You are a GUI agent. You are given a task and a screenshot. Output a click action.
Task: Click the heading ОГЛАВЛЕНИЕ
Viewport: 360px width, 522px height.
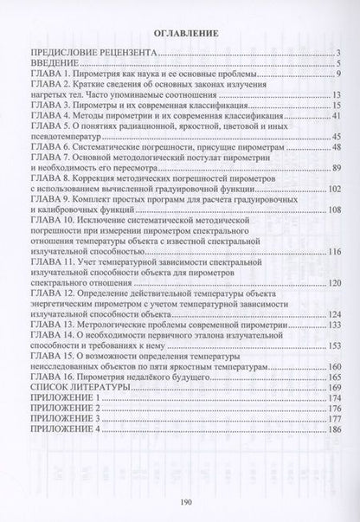pos(180,35)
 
